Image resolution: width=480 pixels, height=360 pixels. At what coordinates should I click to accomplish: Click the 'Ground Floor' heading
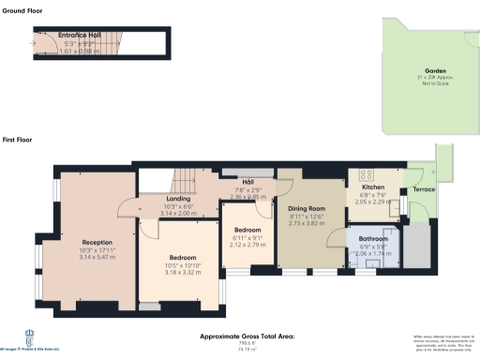[24, 10]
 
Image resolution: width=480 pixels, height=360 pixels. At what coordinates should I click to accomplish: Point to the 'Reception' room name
[97, 242]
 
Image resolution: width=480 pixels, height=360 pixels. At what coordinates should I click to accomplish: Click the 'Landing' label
[179, 199]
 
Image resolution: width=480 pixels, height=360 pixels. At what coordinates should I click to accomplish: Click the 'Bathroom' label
[372, 239]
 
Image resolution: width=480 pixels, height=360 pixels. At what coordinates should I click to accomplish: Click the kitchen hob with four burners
[365, 174]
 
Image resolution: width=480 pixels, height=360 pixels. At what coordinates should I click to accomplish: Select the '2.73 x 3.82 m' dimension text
[306, 226]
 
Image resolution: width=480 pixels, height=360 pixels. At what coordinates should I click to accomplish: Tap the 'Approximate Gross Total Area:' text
[247, 335]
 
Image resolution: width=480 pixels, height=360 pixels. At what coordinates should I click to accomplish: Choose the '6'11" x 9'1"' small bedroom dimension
[248, 237]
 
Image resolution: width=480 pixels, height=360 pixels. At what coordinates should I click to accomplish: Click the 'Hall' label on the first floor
[249, 181]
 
